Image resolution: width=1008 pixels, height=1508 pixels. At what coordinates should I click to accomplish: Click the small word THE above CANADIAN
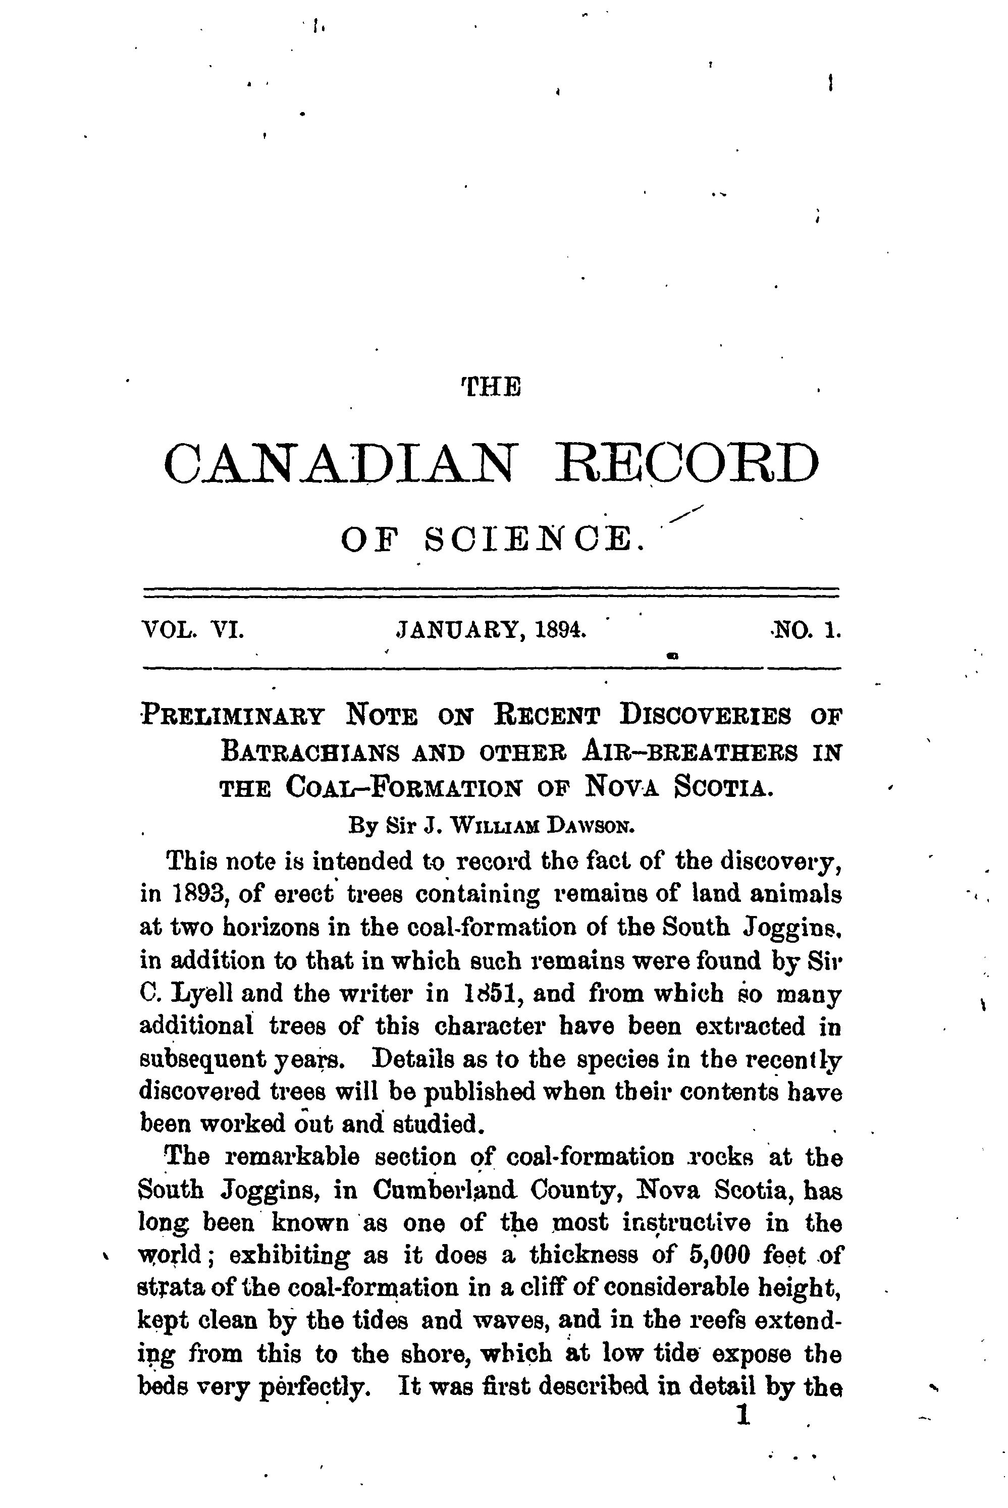(491, 387)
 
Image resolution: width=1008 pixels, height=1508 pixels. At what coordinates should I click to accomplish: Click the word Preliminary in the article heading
(233, 716)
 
